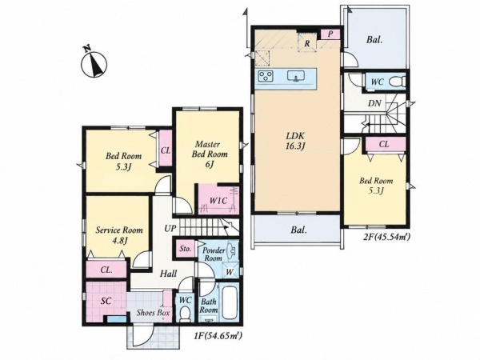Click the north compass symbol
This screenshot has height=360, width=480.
point(94,62)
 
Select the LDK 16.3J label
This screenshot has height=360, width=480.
point(295,141)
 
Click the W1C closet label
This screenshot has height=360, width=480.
point(218,201)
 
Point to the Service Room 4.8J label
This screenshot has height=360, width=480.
point(119,234)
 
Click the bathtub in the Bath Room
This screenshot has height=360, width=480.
point(229,302)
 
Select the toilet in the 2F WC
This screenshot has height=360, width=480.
point(397,82)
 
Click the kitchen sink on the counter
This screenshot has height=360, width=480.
point(296,76)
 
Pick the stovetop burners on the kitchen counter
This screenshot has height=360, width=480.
point(266,76)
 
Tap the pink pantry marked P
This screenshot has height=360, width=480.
point(330,34)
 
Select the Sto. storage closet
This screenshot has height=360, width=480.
point(186,249)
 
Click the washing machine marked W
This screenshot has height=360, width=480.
point(230,271)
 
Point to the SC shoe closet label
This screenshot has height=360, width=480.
point(106,301)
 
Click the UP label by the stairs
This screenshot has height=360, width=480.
point(170,228)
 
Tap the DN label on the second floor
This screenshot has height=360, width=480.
point(374,103)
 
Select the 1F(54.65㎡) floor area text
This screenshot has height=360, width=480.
point(217,336)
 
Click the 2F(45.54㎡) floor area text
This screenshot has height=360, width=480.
point(386,236)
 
